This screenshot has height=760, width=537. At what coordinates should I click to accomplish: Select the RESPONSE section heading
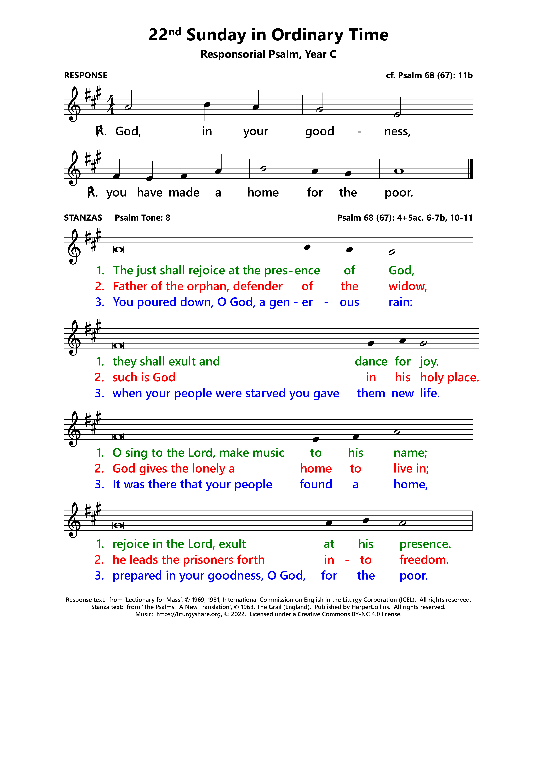pyautogui.click(x=86, y=76)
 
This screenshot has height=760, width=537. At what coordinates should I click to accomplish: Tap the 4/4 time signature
pyautogui.click(x=111, y=105)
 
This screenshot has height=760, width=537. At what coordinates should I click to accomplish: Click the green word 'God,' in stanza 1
pyautogui.click(x=401, y=270)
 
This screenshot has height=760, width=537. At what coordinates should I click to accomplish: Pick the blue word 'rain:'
pyautogui.click(x=400, y=302)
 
